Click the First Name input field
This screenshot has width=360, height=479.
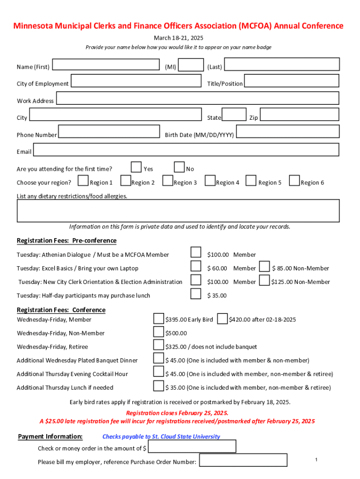click(x=106, y=64)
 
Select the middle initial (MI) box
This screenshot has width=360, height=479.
click(x=191, y=65)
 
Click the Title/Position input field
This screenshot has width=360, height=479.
click(x=291, y=81)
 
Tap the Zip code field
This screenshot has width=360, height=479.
click(x=299, y=115)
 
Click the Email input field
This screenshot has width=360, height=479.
click(x=186, y=150)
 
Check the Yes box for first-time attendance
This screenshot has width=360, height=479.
click(x=136, y=167)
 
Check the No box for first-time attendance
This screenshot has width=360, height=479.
click(x=179, y=167)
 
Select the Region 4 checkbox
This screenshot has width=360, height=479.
click(x=210, y=181)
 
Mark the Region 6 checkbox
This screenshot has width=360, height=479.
click(x=295, y=181)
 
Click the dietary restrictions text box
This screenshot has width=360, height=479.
click(x=178, y=211)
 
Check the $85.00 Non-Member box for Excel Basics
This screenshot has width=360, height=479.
click(x=265, y=267)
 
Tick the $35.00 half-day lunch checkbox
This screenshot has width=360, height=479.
click(x=196, y=294)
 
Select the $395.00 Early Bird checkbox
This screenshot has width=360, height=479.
click(x=159, y=319)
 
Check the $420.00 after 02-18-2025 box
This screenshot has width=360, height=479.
click(x=223, y=319)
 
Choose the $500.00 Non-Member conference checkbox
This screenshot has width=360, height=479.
click(x=159, y=332)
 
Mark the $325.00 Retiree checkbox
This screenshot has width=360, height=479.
click(x=159, y=345)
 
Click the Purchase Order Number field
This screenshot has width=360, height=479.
click(x=243, y=460)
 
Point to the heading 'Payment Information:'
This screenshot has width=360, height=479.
click(x=50, y=436)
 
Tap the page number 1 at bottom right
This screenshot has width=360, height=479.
click(x=317, y=460)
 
